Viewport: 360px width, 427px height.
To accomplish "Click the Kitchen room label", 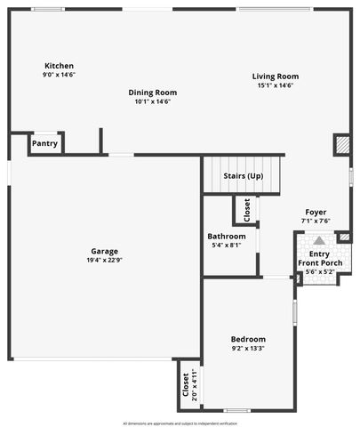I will [59, 66].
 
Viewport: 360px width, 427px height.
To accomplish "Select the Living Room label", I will [276, 77].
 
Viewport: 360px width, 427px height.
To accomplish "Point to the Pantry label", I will [44, 143].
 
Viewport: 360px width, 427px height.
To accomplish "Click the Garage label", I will [104, 251].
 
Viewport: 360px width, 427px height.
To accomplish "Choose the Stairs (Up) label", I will [243, 176].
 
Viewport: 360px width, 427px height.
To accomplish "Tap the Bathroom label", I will [227, 236].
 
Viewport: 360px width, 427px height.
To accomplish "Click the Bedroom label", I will [248, 339].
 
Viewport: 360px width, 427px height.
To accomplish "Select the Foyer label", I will [316, 212].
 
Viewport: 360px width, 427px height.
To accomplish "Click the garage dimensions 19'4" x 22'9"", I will [104, 260].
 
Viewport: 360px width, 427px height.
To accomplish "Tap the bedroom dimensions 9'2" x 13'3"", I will [248, 349].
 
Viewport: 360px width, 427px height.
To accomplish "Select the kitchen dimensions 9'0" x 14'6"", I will [59, 76].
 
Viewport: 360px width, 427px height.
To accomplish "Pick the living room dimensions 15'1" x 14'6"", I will [276, 85].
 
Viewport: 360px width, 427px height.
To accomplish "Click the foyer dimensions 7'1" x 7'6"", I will [316, 221].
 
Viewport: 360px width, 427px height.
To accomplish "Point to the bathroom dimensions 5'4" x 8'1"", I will [227, 245].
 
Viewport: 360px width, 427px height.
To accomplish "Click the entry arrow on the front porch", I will [318, 240].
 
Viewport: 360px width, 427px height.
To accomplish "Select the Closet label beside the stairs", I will [247, 210].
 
